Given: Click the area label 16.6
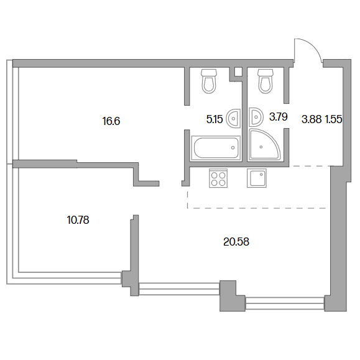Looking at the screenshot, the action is (111, 121).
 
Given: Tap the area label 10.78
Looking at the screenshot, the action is (78, 220).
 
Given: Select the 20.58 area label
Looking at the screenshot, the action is (236, 242).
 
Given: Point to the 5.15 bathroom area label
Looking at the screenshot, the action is (215, 119).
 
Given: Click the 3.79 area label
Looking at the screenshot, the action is (279, 117).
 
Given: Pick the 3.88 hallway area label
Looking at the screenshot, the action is (312, 119).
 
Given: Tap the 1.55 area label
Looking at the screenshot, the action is (334, 119).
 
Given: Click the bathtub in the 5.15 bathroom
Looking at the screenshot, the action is (216, 148).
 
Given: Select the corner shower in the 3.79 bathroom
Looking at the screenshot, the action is (264, 144).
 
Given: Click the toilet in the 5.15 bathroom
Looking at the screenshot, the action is (209, 81).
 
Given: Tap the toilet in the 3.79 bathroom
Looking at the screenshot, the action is (265, 81).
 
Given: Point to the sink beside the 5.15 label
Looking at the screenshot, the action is (233, 118).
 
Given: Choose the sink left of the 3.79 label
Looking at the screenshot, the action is (256, 117).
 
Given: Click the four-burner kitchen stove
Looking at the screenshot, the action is (218, 178).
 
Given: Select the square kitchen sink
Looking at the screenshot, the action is (257, 178).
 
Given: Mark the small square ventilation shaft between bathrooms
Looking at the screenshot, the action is (238, 72).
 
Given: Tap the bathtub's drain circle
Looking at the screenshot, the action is (233, 147).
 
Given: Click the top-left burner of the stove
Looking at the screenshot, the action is (215, 175).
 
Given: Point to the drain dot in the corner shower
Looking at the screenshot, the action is (261, 147).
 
